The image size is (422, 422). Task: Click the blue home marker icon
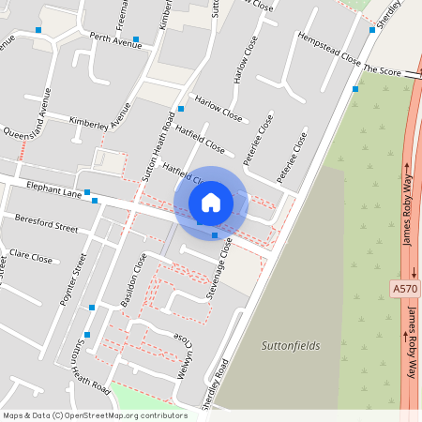[211, 202]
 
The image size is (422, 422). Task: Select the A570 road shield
[405, 290]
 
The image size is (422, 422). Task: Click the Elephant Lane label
[54, 188]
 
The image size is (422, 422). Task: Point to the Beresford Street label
[46, 226]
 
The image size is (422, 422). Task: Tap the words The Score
[382, 71]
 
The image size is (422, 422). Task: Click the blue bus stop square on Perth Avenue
[136, 40]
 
